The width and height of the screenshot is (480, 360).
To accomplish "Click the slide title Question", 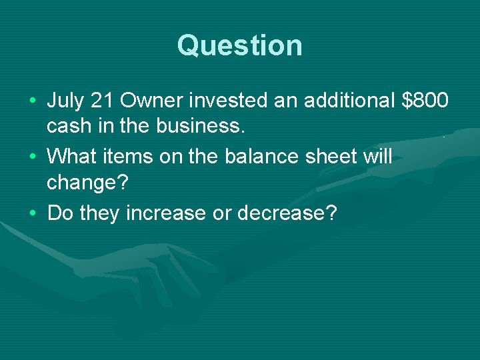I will (240, 45).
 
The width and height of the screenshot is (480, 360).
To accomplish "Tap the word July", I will (67, 101).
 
